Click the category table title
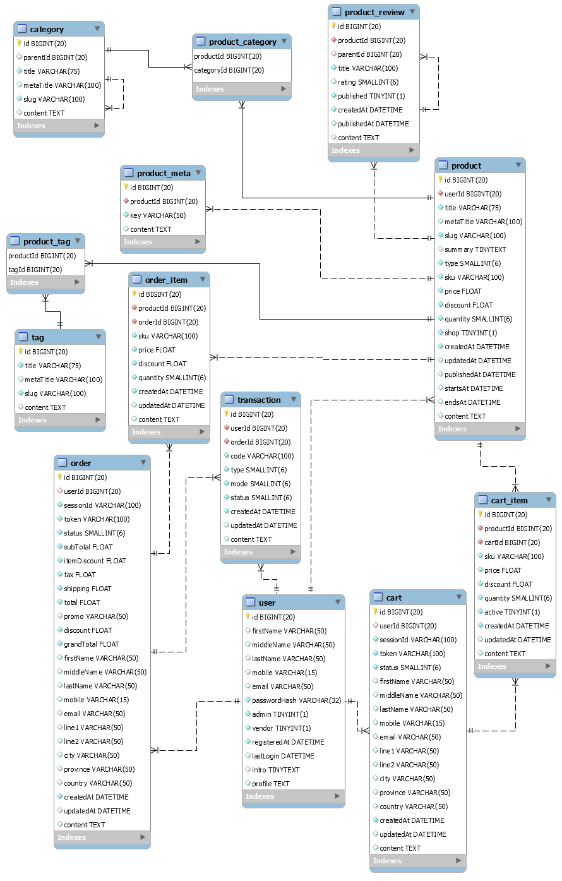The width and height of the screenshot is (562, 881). (47, 29)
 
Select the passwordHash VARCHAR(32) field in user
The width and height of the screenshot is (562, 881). (296, 700)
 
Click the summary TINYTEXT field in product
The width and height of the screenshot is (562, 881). (475, 249)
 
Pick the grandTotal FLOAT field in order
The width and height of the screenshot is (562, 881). (91, 644)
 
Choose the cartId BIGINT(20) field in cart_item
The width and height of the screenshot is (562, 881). (511, 542)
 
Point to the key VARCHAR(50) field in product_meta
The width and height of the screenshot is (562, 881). (157, 215)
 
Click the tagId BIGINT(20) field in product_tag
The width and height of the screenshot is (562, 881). (35, 270)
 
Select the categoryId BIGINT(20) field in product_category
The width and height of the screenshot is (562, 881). (229, 70)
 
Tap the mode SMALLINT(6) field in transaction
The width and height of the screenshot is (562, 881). (260, 484)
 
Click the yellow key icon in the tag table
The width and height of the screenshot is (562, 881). (20, 352)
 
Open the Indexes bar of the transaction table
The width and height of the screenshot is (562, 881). (260, 552)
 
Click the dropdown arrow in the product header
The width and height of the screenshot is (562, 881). (518, 165)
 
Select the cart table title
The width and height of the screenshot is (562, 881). (393, 597)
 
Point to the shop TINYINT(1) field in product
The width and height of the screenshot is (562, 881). (470, 333)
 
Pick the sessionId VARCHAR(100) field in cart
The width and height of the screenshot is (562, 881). (417, 640)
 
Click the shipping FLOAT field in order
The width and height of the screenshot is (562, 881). (87, 589)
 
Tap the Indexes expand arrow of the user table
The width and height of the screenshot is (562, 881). (337, 796)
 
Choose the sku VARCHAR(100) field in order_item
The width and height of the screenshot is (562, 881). (167, 336)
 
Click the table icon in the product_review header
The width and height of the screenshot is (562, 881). (337, 12)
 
